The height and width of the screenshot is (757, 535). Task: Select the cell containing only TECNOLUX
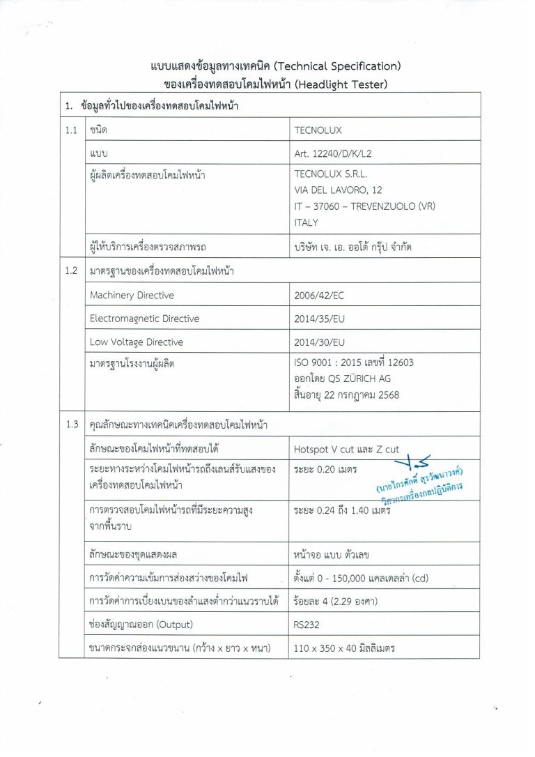tap(318, 130)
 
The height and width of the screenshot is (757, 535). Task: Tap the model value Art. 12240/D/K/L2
tap(338, 152)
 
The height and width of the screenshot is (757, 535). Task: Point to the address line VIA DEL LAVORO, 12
tap(339, 190)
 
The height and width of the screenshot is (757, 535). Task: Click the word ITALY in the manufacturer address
tap(307, 222)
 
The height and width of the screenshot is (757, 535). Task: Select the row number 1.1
tap(70, 130)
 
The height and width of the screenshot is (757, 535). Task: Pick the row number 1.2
tap(70, 271)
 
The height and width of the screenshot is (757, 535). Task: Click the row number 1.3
tap(70, 424)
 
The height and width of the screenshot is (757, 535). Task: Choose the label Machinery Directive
tap(132, 295)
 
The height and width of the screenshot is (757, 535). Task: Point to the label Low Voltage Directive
tap(137, 342)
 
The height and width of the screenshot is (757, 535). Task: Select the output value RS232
tap(309, 624)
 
